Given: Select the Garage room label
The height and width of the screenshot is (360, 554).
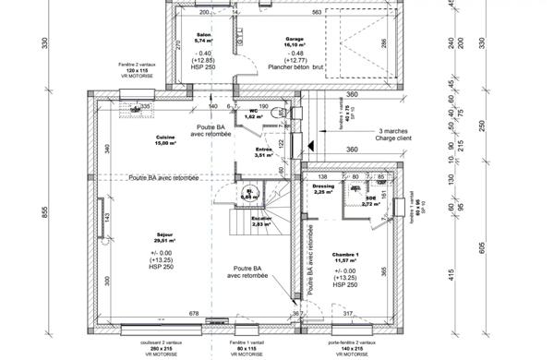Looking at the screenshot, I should tap(295, 38).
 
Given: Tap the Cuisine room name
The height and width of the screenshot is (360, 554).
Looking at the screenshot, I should tap(165, 138).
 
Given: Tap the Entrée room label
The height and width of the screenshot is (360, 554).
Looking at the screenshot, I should tap(263, 150).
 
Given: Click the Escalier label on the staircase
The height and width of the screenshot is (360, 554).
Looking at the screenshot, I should tap(260, 218).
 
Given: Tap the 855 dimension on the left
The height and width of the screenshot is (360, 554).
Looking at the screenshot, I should tap(43, 210).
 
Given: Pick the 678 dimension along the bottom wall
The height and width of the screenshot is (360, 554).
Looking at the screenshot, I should tap(194, 314).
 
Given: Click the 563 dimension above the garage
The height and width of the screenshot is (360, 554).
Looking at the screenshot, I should tap(317, 12).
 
